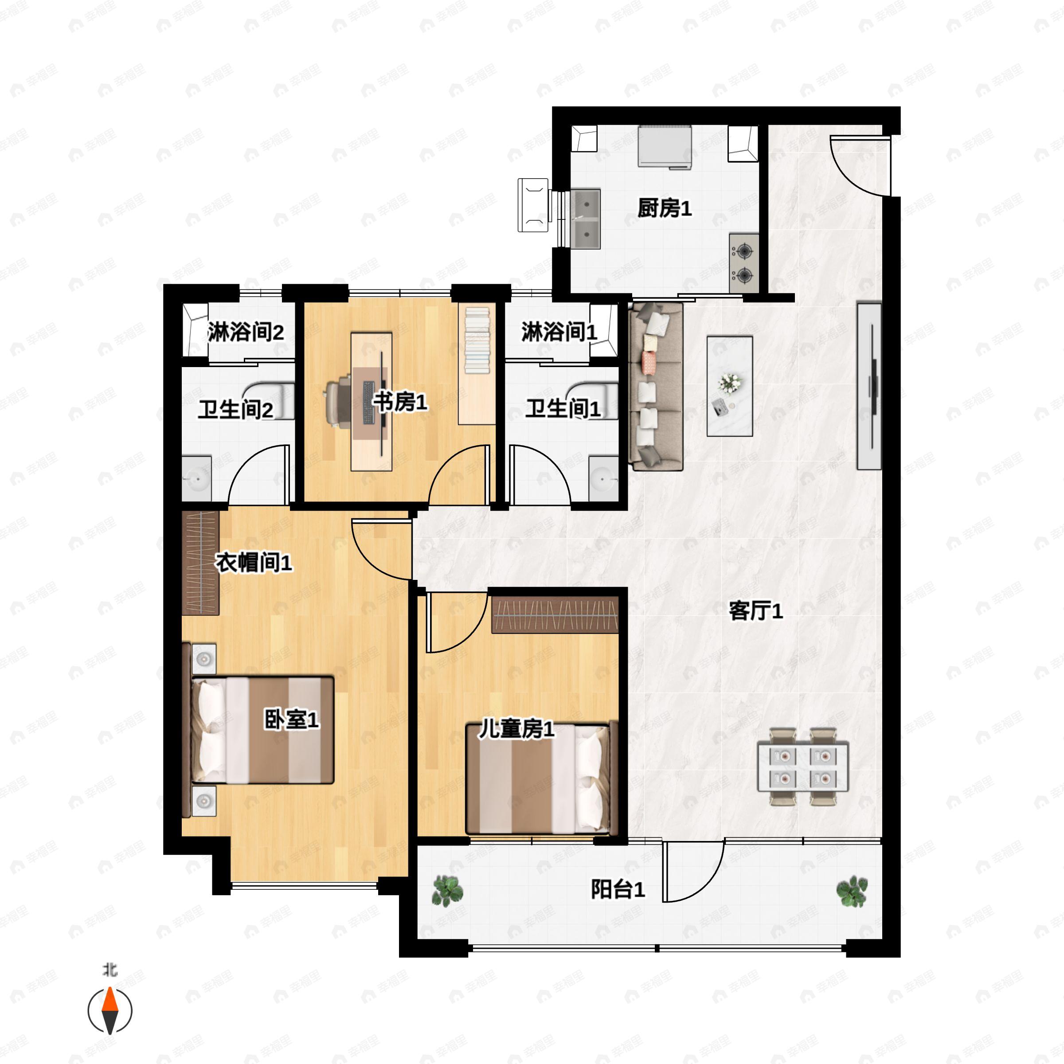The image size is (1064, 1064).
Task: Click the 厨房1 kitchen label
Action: click(664, 208)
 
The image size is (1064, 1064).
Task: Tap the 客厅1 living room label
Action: click(755, 611)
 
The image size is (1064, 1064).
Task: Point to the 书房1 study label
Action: click(400, 402)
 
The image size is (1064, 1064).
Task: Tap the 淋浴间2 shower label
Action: click(246, 332)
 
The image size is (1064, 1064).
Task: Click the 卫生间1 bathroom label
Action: click(563, 409)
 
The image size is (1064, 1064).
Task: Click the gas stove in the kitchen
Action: click(744, 263)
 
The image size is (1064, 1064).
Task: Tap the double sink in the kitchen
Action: click(585, 219)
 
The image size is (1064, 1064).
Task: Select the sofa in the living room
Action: click(656, 386)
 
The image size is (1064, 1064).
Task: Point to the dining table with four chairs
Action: click(803, 767)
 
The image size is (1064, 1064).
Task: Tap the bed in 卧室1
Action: click(262, 730)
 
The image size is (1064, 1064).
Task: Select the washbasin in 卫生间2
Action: click(196, 478)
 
